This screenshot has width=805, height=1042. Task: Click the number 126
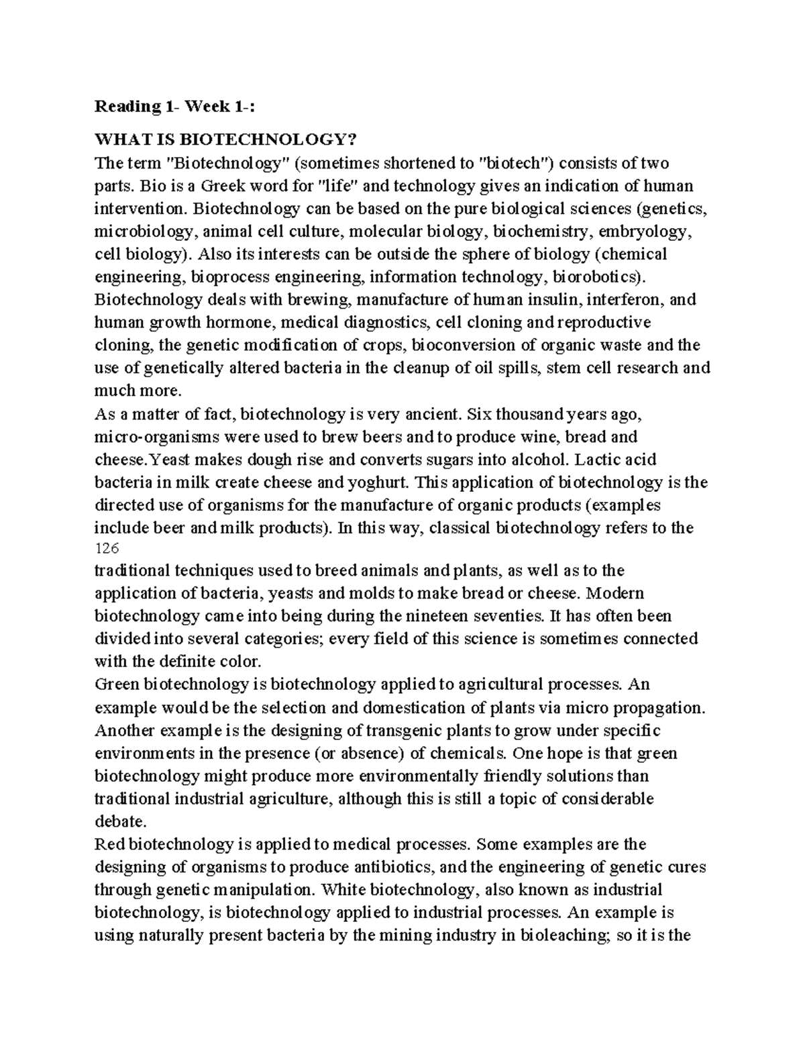pyautogui.click(x=106, y=549)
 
